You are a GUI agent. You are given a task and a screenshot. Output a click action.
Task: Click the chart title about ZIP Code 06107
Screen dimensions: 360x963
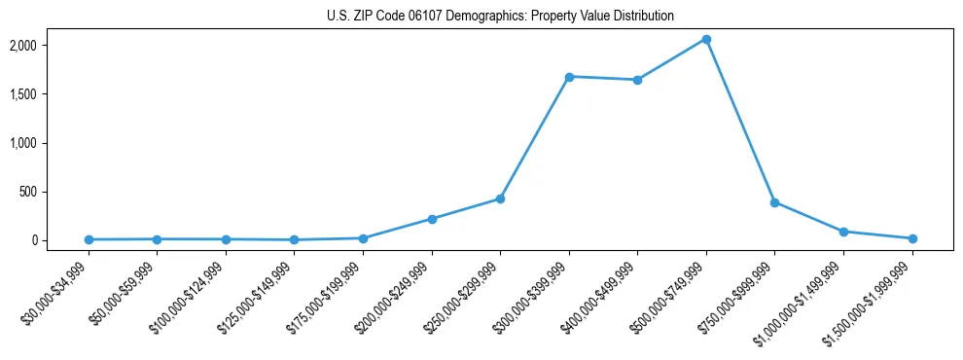[499, 16]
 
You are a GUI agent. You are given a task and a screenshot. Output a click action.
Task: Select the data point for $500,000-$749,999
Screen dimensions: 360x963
[706, 40]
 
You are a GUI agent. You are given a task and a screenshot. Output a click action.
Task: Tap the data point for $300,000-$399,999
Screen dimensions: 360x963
[569, 77]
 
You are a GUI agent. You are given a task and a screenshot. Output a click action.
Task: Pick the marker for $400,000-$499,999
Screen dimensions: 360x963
[637, 80]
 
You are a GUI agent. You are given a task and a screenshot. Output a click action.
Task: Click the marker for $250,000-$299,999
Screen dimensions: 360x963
[500, 198]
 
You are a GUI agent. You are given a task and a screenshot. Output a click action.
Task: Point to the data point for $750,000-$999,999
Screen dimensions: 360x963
[774, 202]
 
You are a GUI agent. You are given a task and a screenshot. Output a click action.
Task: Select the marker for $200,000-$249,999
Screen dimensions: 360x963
[432, 219]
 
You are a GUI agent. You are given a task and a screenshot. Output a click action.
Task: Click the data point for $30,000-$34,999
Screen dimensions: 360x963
[89, 239]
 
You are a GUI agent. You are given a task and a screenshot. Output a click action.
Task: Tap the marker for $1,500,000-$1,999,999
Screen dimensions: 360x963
[911, 238]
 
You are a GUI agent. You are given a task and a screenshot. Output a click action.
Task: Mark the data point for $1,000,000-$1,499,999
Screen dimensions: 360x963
[843, 232]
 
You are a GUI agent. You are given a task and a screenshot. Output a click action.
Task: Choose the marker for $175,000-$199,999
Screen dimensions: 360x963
[363, 238]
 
